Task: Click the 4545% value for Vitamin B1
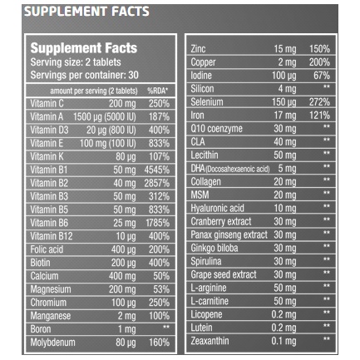pos(156,170)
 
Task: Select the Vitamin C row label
pos(47,104)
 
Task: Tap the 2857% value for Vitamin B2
pos(156,183)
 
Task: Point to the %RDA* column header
pos(158,91)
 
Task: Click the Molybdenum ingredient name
pos(52,343)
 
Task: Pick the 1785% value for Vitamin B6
pos(157,223)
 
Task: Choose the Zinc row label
pos(198,49)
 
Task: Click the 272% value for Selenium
pos(319,102)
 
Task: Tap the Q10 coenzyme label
pos(216,129)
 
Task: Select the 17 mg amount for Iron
pos(285,116)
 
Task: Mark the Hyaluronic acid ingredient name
pos(217,208)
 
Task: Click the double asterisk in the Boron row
pos(166,327)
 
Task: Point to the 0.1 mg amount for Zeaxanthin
pos(284,341)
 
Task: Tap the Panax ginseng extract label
pos(229,235)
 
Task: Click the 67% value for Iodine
pos(322,76)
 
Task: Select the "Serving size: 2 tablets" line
pos(76,62)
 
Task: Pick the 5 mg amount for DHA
pos(287,169)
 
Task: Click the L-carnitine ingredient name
pos(210,301)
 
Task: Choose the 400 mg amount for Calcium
pos(122,276)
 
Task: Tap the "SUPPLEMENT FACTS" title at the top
pos(86,12)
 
